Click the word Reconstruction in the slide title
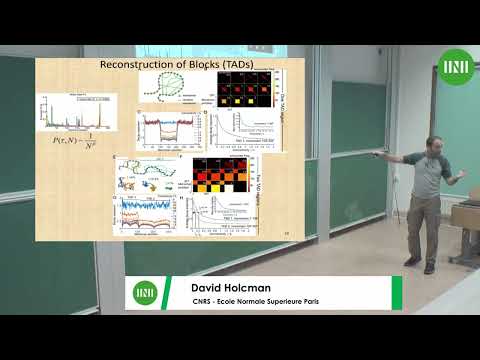pos(134,65)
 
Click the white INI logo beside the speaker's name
pos(143,293)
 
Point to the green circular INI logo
pos(455,68)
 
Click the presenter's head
pos(435,145)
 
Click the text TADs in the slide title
pos(238,65)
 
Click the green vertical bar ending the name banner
pos(397,293)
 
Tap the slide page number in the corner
pos(286,233)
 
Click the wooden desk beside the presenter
pos(464,215)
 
